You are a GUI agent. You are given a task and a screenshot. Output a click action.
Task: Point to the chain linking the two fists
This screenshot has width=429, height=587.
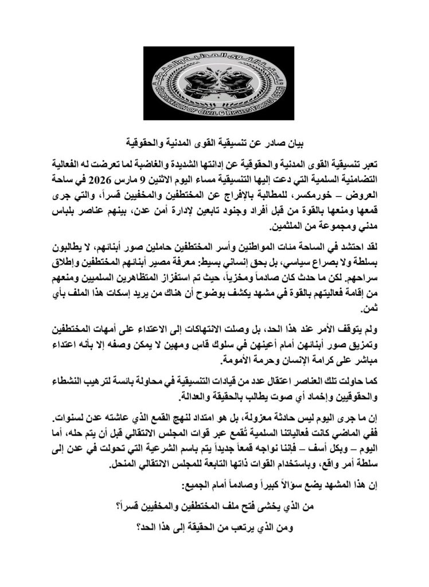tap(214, 86)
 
